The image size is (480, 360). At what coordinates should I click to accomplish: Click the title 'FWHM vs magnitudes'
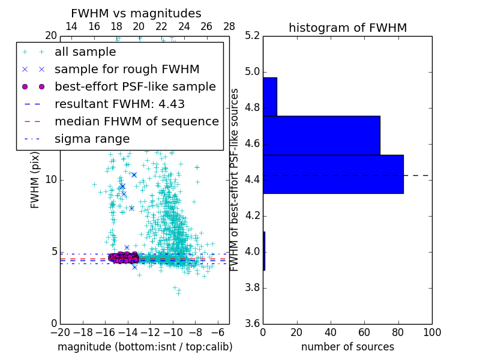pos(136,14)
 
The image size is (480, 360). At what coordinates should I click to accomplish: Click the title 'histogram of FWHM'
pos(347,28)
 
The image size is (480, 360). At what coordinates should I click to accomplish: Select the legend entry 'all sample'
pos(85,52)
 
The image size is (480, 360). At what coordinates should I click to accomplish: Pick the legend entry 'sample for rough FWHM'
pos(127,70)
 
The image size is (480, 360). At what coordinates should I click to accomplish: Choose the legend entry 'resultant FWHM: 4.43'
pos(119,104)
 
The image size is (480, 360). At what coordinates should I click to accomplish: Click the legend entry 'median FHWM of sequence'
pos(137,122)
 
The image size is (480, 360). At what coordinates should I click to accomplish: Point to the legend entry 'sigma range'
pos(92,139)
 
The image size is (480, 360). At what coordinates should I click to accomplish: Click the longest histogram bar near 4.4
pos(333,174)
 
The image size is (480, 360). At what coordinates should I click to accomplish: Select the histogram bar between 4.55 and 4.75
pos(322,135)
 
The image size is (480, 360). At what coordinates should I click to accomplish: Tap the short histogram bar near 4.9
pos(270,97)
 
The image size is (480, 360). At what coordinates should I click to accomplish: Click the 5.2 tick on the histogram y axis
pos(252,36)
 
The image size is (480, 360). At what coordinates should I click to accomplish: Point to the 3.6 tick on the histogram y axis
pos(252,323)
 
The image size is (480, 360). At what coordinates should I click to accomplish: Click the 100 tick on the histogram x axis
pos(431,332)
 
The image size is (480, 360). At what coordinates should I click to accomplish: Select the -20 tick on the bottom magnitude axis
pos(60,332)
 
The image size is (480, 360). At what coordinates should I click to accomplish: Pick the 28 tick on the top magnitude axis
pos(229,27)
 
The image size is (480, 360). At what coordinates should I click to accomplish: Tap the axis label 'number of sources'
pos(347,347)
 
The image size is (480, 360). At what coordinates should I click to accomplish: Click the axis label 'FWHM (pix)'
pos(35,180)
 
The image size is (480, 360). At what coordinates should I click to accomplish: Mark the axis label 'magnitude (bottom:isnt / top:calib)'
pos(145,347)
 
